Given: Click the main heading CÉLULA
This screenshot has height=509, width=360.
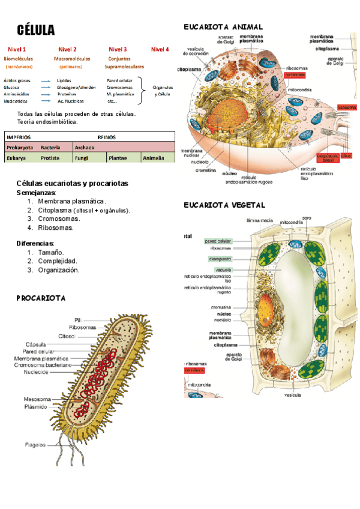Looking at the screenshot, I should coord(36,30).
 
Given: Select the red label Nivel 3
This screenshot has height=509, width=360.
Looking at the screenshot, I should coord(118,49).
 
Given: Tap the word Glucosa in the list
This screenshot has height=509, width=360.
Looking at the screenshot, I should coord(12,87).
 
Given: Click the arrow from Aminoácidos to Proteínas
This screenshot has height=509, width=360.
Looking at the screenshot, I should coord(45,94).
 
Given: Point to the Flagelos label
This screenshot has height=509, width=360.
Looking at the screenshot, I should coord(35,445).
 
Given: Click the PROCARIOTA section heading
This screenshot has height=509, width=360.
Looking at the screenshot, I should coord(41,298).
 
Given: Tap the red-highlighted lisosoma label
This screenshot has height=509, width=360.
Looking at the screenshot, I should coord(346,107).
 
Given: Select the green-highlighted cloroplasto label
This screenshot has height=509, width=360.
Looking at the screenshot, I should coord(220,259).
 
